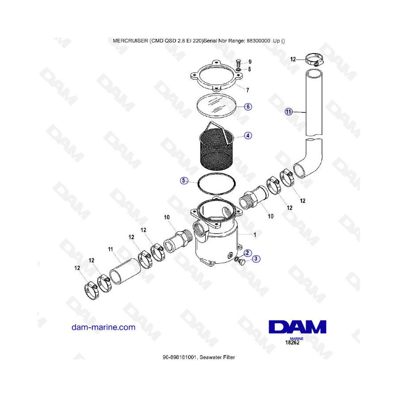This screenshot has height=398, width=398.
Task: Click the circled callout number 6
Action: tap(248, 107)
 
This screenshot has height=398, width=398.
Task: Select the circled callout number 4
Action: tap(248, 136)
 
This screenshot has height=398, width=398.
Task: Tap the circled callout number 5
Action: tap(184, 181)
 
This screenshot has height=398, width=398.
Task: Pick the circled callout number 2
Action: tap(248, 253)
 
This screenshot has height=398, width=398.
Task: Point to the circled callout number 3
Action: tap(256, 259)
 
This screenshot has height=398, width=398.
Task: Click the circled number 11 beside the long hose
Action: tap(289, 112)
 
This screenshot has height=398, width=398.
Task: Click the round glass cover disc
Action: tap(217, 106)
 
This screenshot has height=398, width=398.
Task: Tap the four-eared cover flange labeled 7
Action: tap(216, 75)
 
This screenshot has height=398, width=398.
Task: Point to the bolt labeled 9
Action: tap(238, 63)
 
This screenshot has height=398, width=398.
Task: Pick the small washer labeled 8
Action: tap(239, 69)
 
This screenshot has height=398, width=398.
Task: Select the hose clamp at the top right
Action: tap(314, 59)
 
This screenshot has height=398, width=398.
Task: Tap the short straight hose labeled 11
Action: tap(125, 271)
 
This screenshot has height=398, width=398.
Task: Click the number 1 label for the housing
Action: tap(255, 235)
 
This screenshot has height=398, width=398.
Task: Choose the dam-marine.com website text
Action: tap(103, 327)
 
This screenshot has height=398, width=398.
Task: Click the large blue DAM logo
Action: tap(298, 327)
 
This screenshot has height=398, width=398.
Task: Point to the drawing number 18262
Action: tap(292, 343)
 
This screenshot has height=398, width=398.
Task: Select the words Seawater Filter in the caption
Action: tap(217, 357)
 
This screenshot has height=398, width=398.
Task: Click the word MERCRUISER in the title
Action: tap(130, 41)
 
